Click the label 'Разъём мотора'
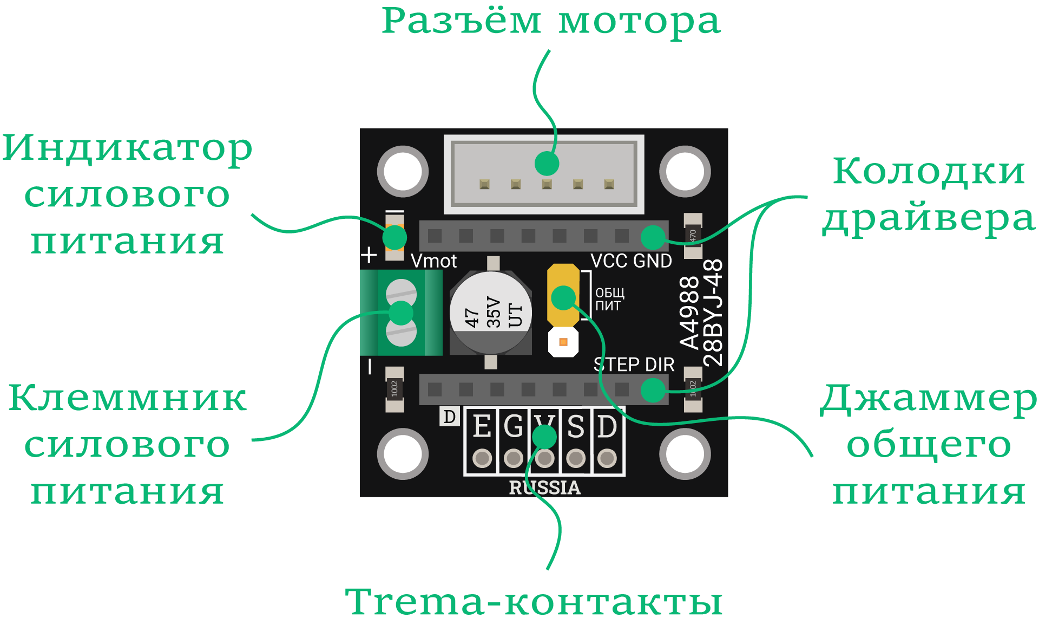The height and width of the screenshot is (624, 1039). pos(551,22)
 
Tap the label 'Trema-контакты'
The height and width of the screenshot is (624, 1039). pos(534,601)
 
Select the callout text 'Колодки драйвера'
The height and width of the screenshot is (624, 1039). pos(929,195)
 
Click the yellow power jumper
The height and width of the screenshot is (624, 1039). pos(563,296)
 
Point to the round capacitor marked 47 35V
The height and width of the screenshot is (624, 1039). pos(490,313)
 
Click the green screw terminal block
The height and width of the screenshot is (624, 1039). pos(402,313)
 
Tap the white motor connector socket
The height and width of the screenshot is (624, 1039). pos(544,174)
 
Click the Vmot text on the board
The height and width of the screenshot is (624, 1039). pos(433,261)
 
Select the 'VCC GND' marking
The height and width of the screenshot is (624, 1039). pos(631,261)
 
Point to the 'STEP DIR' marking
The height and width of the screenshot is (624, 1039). pos(634,365)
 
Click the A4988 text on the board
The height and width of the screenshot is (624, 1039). pos(689,313)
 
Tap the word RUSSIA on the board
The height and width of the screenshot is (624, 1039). pos(544,487)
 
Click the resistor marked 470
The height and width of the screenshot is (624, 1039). pos(693,236)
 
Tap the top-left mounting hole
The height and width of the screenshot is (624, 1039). pos(403,171)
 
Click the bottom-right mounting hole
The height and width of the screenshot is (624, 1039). pos(685,454)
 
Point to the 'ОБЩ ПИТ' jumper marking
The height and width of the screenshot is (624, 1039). pos(610,300)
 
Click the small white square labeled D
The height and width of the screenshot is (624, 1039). pos(450,416)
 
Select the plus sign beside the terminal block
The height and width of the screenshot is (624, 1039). pos(369,255)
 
